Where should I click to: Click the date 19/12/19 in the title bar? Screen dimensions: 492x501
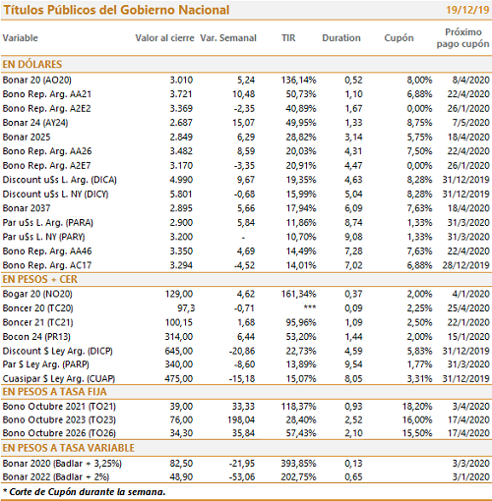pyautogui.click(x=467, y=10)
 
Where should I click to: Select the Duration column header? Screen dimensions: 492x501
pyautogui.click(x=341, y=38)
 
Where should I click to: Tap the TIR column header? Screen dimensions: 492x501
pyautogui.click(x=288, y=38)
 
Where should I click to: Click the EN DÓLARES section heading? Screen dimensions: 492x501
pyautogui.click(x=32, y=64)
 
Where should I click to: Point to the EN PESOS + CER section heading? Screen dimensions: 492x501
pyautogui.click(x=40, y=279)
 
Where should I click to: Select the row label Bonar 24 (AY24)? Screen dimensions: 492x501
pyautogui.click(x=35, y=123)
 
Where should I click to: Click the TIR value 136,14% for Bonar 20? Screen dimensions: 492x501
pyautogui.click(x=298, y=80)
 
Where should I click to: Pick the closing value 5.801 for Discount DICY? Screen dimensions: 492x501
pyautogui.click(x=181, y=195)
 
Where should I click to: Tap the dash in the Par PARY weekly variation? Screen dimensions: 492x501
pyautogui.click(x=243, y=238)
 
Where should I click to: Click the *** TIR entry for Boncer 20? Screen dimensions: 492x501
pyautogui.click(x=310, y=307)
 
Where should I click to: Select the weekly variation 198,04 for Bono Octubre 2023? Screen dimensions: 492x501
pyautogui.click(x=241, y=419)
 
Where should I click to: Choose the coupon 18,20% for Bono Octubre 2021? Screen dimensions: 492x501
pyautogui.click(x=417, y=407)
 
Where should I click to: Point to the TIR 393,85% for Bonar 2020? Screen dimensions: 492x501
pyautogui.click(x=298, y=464)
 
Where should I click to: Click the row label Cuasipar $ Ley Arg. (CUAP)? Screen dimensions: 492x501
pyautogui.click(x=59, y=379)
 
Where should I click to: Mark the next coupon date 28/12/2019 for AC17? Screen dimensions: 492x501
pyautogui.click(x=465, y=265)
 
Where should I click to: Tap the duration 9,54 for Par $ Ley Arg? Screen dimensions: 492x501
pyautogui.click(x=353, y=364)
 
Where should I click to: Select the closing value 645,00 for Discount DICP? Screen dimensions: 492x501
pyautogui.click(x=179, y=351)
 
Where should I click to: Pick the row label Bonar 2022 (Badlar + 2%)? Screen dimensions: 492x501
pyautogui.click(x=56, y=476)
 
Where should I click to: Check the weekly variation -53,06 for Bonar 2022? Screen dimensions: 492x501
pyautogui.click(x=242, y=476)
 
